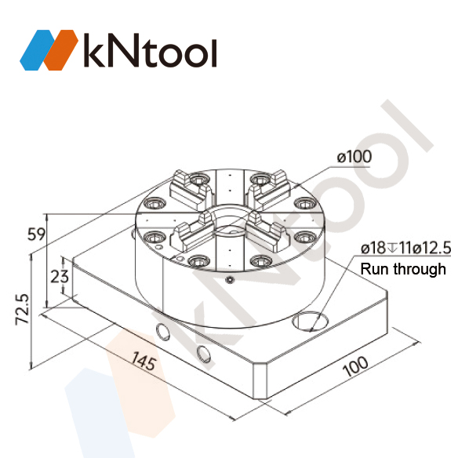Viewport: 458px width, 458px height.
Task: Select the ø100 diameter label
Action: [354, 156]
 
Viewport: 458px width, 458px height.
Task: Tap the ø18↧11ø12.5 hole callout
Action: [405, 249]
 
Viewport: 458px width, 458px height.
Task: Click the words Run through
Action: [402, 269]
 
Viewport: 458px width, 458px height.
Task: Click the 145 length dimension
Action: [142, 362]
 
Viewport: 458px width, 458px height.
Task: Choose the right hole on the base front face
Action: [203, 353]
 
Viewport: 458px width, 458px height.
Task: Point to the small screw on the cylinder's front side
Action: [228, 280]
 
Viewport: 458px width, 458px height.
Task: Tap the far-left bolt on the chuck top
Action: [152, 236]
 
